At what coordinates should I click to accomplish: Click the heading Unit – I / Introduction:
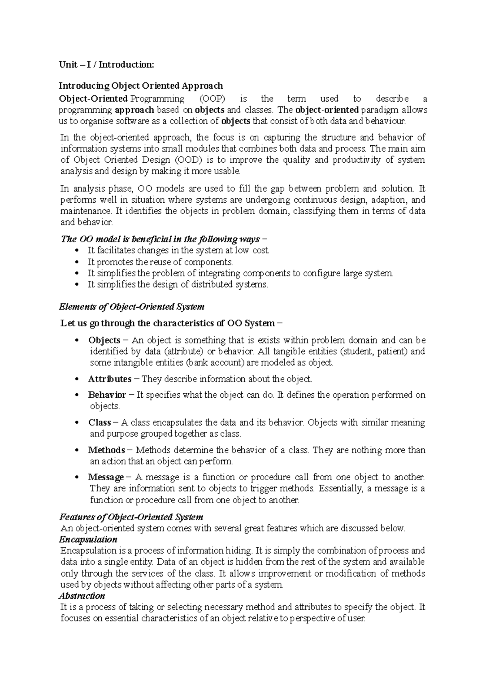(x=107, y=64)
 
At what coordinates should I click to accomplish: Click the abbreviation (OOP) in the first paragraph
(x=212, y=99)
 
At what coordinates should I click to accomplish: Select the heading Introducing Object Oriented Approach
(x=141, y=86)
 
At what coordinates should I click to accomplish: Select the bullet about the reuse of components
(x=160, y=262)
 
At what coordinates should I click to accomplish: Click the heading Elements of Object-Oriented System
(x=132, y=307)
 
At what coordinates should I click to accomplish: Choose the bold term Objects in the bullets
(x=104, y=340)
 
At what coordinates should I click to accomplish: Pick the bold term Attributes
(x=110, y=379)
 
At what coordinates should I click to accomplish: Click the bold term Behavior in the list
(x=107, y=395)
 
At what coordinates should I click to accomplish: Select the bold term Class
(x=100, y=422)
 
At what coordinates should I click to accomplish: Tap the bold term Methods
(x=106, y=450)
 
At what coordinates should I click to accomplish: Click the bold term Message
(x=106, y=477)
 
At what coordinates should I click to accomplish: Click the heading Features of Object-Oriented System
(x=131, y=517)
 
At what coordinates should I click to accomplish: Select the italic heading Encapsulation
(x=88, y=539)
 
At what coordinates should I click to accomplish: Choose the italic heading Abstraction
(x=82, y=596)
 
